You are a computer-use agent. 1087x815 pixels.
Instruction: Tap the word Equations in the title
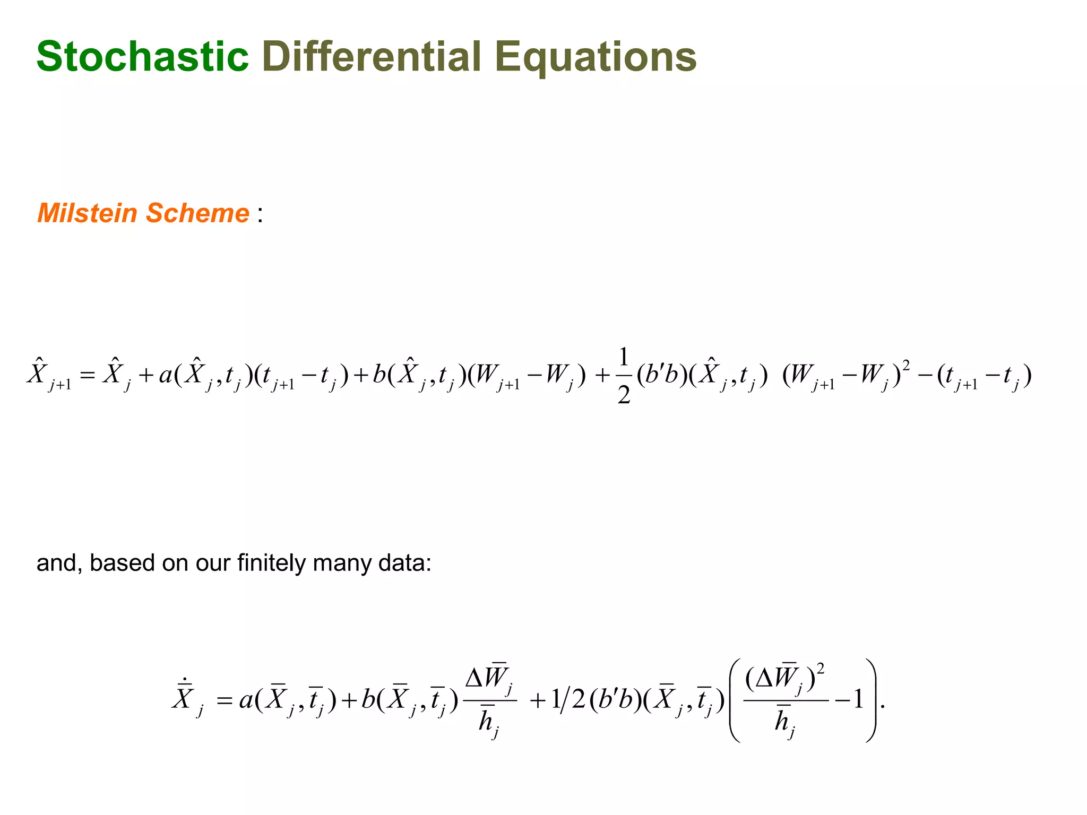pos(595,57)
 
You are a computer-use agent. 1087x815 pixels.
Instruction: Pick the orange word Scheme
pos(197,213)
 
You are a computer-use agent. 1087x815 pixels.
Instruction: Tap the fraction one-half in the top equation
pos(624,376)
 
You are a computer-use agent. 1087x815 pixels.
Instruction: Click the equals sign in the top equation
pos(87,376)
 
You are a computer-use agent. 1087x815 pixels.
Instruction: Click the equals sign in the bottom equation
pos(225,700)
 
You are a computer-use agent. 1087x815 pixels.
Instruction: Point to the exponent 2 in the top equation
pos(906,366)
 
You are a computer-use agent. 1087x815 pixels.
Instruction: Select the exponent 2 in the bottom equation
pos(821,669)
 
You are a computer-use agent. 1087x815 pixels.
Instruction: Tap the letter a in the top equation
pos(166,376)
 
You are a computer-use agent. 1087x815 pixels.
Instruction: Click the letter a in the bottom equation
pos(246,700)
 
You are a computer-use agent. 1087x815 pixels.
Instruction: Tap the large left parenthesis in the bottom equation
pos(736,700)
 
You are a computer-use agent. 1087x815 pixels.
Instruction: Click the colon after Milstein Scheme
pos(260,215)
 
